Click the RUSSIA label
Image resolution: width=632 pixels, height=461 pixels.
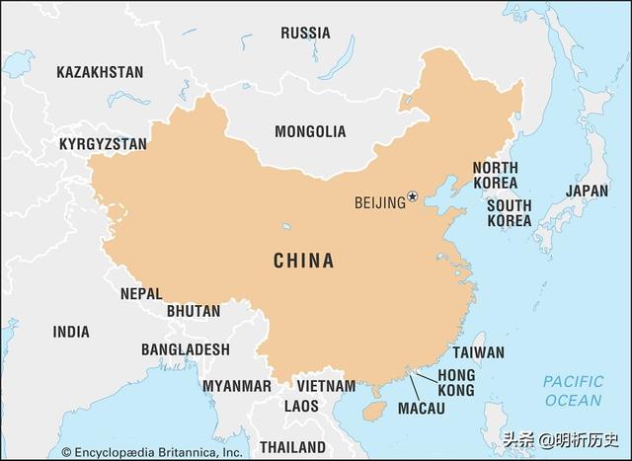(305, 33)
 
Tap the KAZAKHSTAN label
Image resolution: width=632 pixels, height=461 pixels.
(100, 72)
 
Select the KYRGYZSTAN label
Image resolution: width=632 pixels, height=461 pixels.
(103, 144)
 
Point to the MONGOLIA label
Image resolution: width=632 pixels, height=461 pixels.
(310, 131)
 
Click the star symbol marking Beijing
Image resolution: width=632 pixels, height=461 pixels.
(413, 197)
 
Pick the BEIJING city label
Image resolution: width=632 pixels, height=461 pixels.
(379, 203)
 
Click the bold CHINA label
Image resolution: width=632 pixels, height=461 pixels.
(303, 262)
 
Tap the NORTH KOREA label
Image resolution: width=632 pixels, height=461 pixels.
(494, 176)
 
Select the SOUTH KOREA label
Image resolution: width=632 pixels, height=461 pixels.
(509, 213)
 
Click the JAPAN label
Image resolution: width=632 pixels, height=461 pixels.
(587, 191)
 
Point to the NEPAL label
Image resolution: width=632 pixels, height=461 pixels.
(141, 293)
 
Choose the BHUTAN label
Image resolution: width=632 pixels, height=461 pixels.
(194, 311)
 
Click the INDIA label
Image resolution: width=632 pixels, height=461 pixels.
(71, 332)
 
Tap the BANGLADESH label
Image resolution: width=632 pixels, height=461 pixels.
(185, 349)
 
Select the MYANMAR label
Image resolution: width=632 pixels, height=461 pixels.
(237, 386)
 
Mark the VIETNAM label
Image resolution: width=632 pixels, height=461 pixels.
(326, 385)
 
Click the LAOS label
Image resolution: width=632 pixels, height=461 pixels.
(301, 406)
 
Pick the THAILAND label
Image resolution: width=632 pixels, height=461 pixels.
(294, 445)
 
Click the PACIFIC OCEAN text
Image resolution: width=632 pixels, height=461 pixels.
(572, 391)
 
